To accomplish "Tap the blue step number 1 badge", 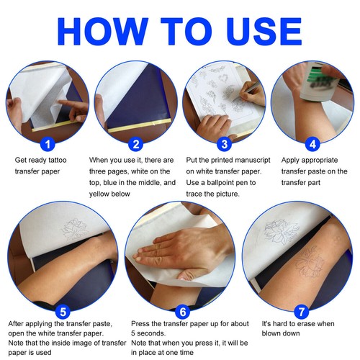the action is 48,144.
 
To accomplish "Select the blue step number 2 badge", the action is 136,144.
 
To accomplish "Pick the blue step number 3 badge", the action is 224,144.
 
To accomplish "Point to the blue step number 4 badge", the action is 312,144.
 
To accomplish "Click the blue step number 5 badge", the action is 63,312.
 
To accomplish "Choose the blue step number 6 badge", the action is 183,312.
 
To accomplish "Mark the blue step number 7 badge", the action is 302,312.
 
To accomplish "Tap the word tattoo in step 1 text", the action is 58,160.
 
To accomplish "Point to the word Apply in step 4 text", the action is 290,161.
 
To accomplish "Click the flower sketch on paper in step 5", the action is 74,230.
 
